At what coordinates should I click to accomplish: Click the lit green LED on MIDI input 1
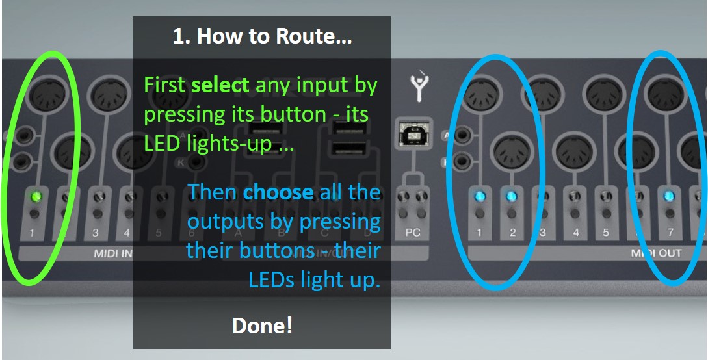[x=36, y=196]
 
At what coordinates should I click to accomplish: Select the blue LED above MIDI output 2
[x=512, y=196]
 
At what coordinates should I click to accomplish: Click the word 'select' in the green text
[x=220, y=84]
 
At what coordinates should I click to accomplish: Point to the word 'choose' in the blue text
[x=278, y=192]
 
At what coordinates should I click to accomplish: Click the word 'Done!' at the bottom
[x=262, y=325]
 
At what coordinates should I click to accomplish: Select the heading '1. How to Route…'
[x=262, y=36]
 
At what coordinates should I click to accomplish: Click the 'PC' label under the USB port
[x=413, y=232]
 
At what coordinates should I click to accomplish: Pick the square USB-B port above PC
[x=412, y=136]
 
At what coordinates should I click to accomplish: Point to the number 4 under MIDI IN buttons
[x=127, y=232]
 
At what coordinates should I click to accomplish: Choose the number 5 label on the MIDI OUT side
[x=606, y=232]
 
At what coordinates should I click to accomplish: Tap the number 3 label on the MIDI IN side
[x=96, y=232]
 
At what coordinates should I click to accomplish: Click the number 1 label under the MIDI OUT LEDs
[x=480, y=232]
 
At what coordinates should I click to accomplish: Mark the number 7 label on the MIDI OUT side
[x=670, y=232]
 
